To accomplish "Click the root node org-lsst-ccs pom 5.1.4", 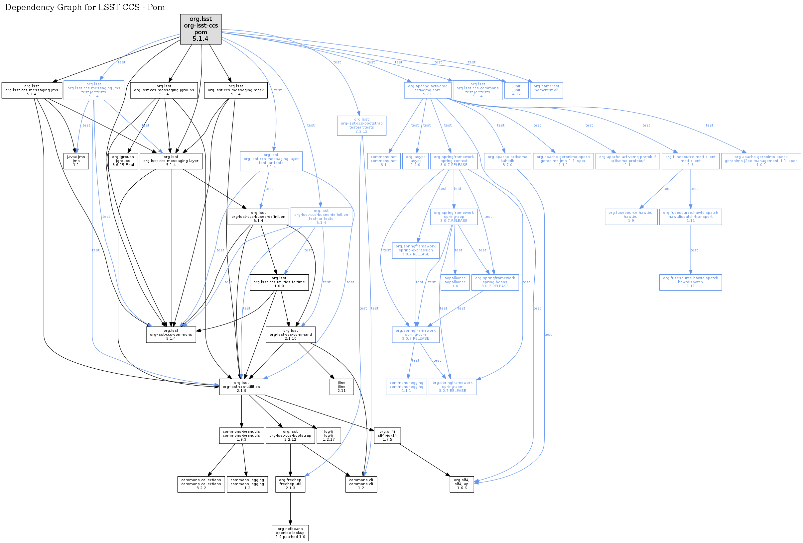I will tap(201, 29).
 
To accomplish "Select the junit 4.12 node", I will tap(516, 90).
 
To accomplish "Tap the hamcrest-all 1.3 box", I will tap(546, 90).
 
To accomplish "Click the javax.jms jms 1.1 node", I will tap(76, 161).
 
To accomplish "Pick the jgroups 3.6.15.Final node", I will tap(123, 161).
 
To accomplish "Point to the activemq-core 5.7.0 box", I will tap(427, 90).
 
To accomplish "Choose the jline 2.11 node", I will tap(341, 387).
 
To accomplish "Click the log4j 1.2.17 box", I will tap(328, 435).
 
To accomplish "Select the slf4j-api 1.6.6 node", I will tap(461, 484).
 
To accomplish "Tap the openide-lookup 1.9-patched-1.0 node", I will tap(290, 533).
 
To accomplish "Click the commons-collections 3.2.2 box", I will tap(201, 484).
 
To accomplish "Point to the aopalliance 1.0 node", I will tap(455, 282).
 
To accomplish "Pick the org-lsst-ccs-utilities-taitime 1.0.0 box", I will tap(279, 282).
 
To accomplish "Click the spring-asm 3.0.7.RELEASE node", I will tap(452, 387).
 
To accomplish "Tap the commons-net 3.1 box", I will tap(383, 161).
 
